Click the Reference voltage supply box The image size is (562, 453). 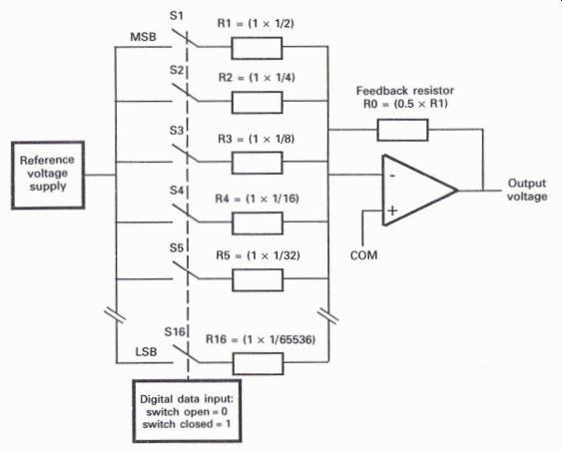(x=48, y=175)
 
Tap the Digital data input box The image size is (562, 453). (x=187, y=411)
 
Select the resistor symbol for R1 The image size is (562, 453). (x=257, y=48)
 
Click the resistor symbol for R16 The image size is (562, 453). (x=259, y=363)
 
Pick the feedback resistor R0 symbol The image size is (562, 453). (x=402, y=130)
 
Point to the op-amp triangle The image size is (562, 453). (x=419, y=191)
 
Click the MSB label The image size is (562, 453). (x=143, y=37)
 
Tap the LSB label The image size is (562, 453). (x=146, y=351)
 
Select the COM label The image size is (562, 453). (x=363, y=255)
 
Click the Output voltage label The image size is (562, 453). (x=527, y=190)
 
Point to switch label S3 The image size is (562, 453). (x=177, y=131)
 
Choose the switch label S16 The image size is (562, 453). (x=175, y=332)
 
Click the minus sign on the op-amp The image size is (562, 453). (x=392, y=176)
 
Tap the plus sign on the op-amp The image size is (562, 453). (x=392, y=210)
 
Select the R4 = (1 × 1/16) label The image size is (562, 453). (x=257, y=199)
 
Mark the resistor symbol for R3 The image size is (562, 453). (x=257, y=163)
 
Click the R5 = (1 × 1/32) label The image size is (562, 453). (x=259, y=255)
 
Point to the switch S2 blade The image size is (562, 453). (x=185, y=93)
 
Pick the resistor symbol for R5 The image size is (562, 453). (x=258, y=280)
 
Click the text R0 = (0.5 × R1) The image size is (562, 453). (x=405, y=104)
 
